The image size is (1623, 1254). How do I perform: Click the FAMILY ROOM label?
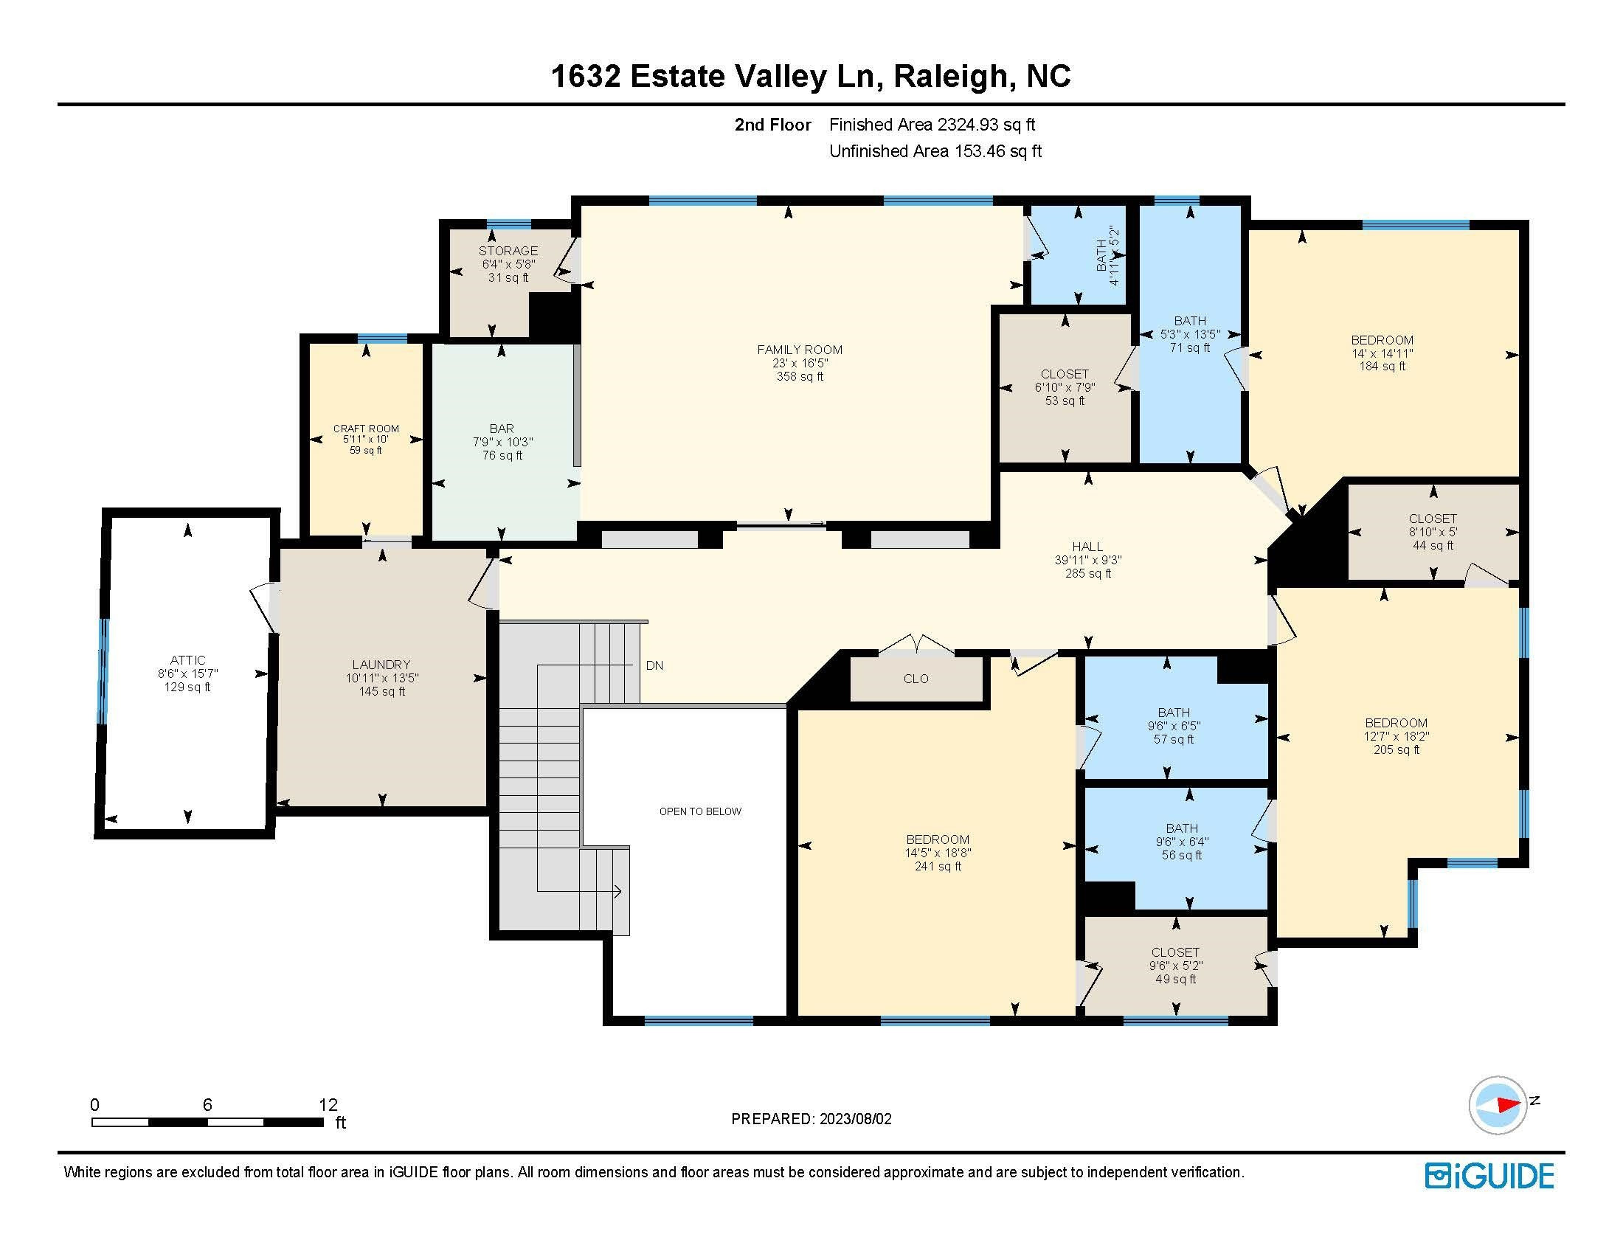coord(800,349)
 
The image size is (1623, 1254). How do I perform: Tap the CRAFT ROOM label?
coord(366,429)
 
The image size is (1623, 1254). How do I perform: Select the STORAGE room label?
coord(508,251)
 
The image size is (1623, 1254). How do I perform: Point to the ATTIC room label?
coord(187,659)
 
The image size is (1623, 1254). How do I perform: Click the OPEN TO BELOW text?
coord(700,811)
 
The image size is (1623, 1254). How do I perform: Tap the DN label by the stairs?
coord(654,665)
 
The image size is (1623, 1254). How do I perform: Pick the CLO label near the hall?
coord(916,678)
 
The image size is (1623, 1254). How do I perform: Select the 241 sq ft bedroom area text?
coord(938,866)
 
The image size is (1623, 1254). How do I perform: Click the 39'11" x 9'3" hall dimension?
coord(1088,560)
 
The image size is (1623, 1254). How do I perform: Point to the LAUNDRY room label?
coord(381,664)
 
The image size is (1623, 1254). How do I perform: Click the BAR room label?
coord(502,429)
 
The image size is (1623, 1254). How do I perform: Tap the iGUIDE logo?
coord(1489,1176)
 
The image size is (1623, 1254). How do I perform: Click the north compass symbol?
coord(1498,1105)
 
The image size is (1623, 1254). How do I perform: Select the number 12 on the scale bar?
coord(328,1105)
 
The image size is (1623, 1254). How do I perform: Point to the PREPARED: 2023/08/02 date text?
coord(811,1119)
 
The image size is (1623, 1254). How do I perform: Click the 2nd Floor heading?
coord(772,125)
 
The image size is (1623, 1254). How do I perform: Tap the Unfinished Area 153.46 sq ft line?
coord(935,151)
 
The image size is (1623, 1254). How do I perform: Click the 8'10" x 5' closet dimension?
coord(1433,532)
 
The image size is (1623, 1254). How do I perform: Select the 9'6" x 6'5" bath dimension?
coord(1174,726)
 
